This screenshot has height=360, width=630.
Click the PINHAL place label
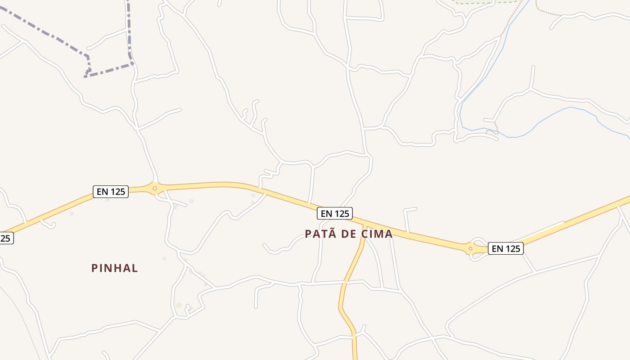(x=115, y=268)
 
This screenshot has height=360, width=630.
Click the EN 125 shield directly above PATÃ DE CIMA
(x=334, y=213)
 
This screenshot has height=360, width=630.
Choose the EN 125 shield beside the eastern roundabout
(x=506, y=248)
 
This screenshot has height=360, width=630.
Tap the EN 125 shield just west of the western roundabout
(x=111, y=191)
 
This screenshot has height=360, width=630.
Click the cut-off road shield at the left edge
(x=5, y=238)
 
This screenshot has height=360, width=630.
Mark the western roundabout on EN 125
(x=155, y=189)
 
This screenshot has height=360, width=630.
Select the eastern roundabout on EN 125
(x=471, y=248)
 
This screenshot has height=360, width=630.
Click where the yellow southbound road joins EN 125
(x=364, y=225)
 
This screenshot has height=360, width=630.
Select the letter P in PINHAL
(x=94, y=268)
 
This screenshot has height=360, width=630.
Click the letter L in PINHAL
(x=135, y=268)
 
